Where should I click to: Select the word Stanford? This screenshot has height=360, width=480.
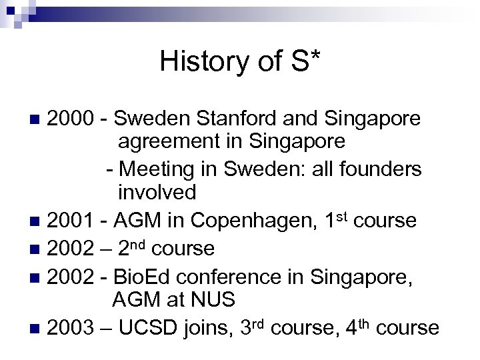point(231,119)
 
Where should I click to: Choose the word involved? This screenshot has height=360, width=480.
point(157,193)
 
